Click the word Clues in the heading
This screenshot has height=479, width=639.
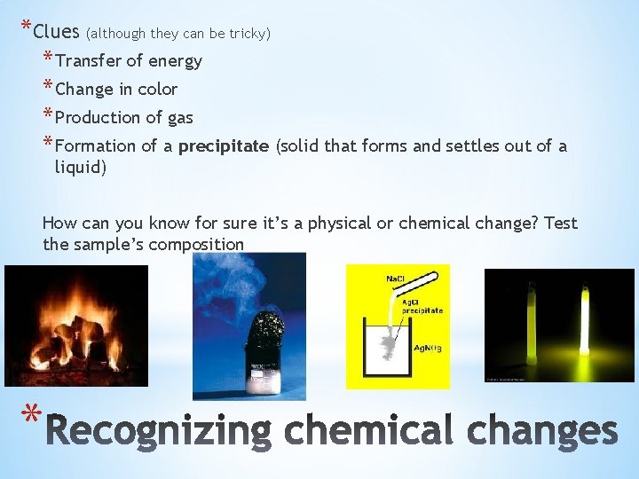[x=56, y=31]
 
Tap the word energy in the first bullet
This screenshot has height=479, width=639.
[x=175, y=61]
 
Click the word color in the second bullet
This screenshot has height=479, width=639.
[x=157, y=90]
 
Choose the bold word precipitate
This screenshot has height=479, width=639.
[x=224, y=146]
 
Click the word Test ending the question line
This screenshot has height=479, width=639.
[x=560, y=223]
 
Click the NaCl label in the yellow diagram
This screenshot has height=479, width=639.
[x=396, y=279]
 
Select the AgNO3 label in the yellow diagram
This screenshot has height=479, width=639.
[x=426, y=348]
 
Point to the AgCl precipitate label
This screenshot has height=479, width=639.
[x=422, y=306]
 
